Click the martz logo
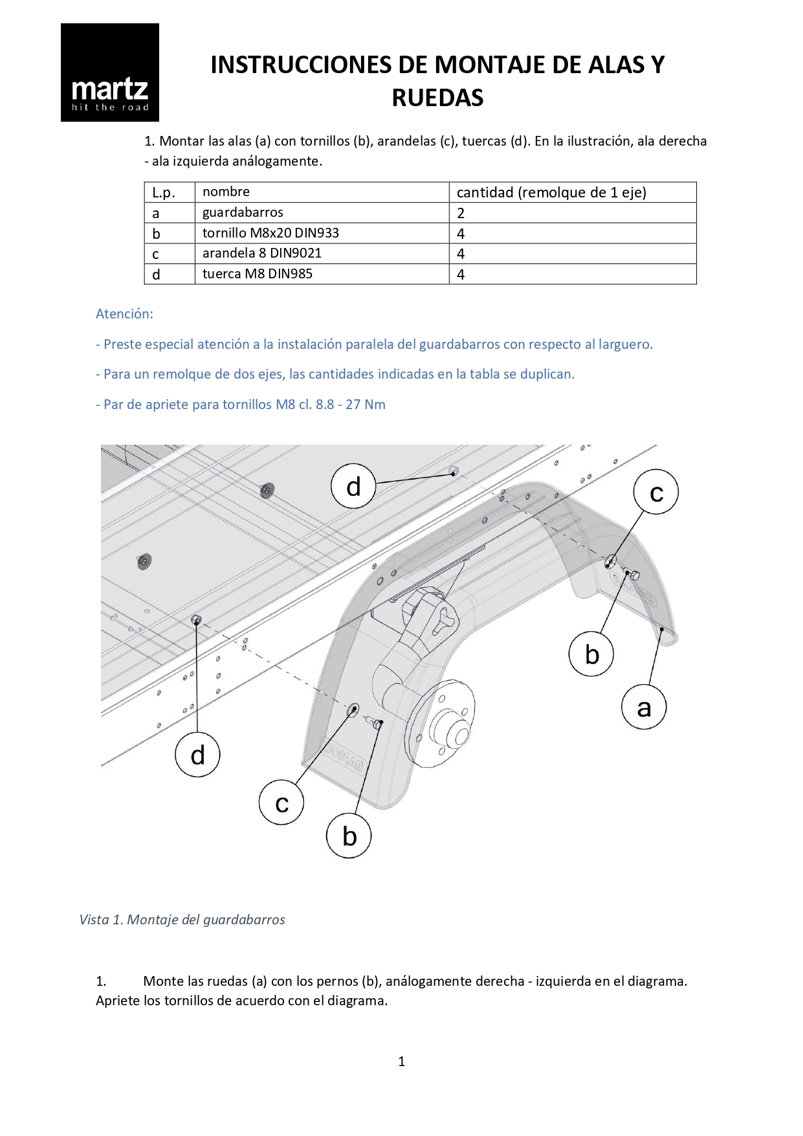pos(110,72)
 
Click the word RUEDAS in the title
pos(437,98)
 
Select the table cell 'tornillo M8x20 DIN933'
pos(270,233)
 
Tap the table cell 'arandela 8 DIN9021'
pos(262,253)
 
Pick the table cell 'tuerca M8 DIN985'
pos(258,274)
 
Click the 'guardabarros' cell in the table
pos(243,212)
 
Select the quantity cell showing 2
pos(461,213)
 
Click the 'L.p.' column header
pos(164,192)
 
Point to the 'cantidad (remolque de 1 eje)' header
pos(551,192)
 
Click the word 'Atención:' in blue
pos(125,314)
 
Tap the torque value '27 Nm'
pos(366,405)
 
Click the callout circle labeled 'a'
pos(644,707)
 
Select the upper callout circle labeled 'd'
pos(353,486)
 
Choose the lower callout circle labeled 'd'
pos(197,755)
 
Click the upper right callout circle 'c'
pos(656,492)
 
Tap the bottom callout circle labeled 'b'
pos(349,836)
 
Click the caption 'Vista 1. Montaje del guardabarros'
pos(182,920)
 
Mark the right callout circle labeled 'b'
pos(591,654)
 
